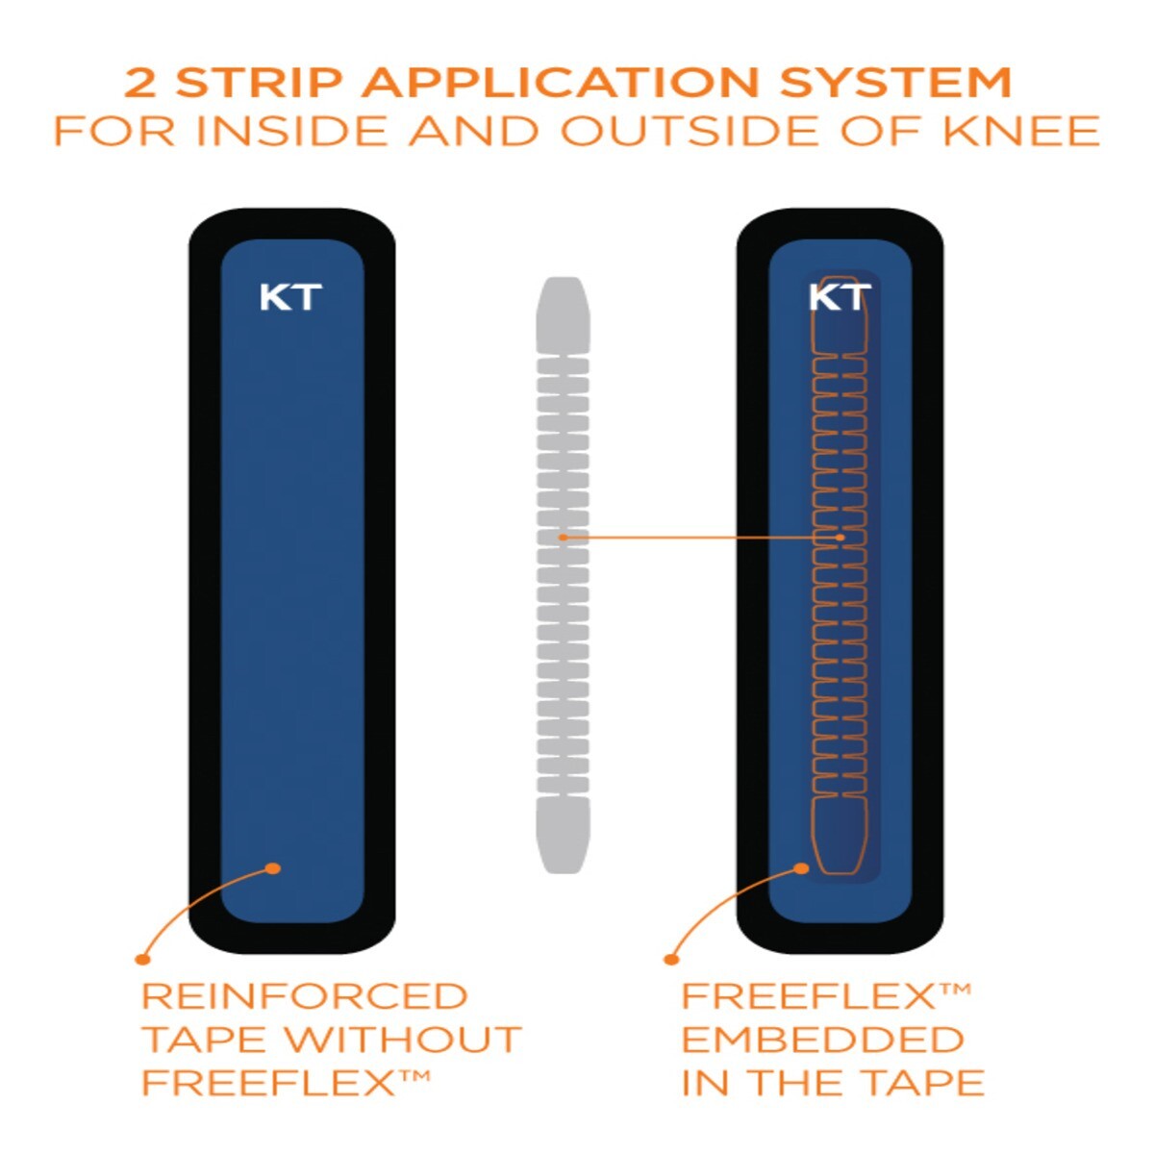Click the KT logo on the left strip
point(290,297)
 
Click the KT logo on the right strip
point(840,297)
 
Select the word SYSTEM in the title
point(895,84)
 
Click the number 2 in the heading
point(140,84)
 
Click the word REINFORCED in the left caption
point(304,996)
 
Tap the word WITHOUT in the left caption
point(404,1040)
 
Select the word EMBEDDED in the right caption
point(823,1040)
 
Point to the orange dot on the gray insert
point(563,537)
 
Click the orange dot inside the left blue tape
point(273,868)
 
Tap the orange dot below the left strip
point(142,958)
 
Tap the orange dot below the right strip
point(671,958)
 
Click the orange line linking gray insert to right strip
point(702,537)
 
